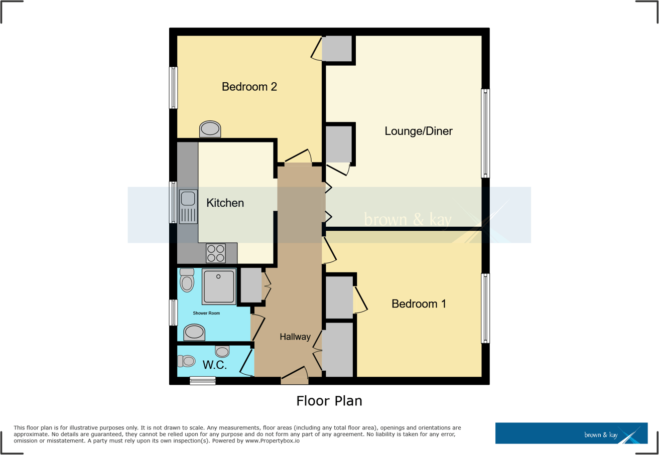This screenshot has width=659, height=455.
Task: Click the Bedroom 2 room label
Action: pos(249,87)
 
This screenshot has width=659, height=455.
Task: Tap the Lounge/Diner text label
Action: pos(419,131)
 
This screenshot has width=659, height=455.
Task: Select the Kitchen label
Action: pos(225,203)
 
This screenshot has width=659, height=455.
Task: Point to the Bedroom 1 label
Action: pos(419,304)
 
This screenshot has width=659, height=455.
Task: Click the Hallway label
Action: pos(295,337)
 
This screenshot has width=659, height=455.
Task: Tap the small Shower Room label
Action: pos(207,314)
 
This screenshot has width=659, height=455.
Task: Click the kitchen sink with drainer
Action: pos(188,207)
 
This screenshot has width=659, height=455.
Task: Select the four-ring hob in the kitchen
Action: pos(216,253)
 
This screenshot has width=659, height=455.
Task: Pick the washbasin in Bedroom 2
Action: pos(210,129)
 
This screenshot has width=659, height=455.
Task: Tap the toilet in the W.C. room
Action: pos(186,361)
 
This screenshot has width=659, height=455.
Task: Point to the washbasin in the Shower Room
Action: pos(194,332)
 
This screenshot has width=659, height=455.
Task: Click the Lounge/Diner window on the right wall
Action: pos(485,133)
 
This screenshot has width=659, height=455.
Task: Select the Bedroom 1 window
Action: pos(485,309)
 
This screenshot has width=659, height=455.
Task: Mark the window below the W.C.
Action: pos(203,381)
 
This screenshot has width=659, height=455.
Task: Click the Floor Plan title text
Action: pos(329,401)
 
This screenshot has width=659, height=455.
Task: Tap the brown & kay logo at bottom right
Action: pos(571,433)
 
